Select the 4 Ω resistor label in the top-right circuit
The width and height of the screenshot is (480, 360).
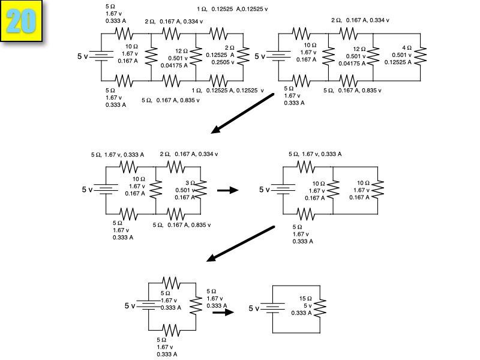tap(407, 47)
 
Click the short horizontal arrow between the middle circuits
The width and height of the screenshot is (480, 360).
tap(227, 190)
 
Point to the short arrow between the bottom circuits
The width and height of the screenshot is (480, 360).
tap(223, 312)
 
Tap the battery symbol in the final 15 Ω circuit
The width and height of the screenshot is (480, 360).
tap(275, 308)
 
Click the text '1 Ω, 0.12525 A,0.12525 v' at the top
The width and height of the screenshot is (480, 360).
tap(233, 10)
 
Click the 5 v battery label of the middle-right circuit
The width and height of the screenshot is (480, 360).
tap(265, 190)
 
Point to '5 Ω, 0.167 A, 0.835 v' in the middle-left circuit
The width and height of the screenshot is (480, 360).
tap(182, 224)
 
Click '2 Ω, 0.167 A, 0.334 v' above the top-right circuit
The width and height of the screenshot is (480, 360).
tap(360, 20)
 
